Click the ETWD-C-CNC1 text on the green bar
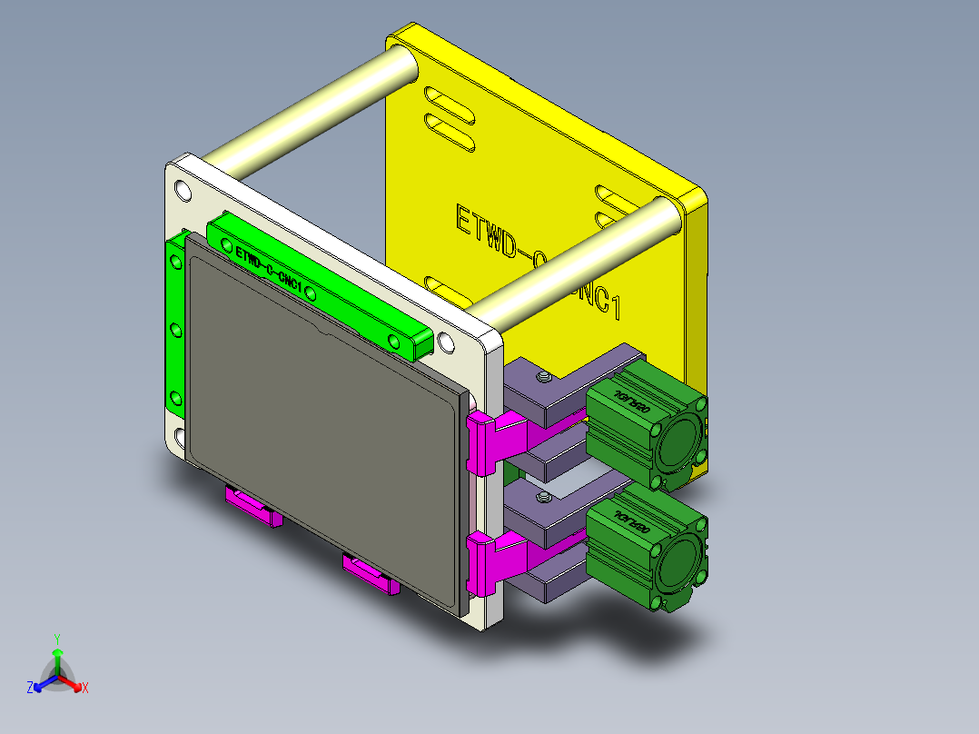[x=268, y=268]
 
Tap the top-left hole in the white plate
[x=183, y=191]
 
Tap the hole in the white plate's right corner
[x=445, y=342]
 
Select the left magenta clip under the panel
[x=253, y=507]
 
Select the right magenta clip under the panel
[x=371, y=573]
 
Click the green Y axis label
[x=56, y=639]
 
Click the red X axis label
[x=85, y=688]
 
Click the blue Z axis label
[x=29, y=688]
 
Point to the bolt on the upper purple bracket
[x=543, y=377]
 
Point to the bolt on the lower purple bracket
[x=543, y=497]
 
